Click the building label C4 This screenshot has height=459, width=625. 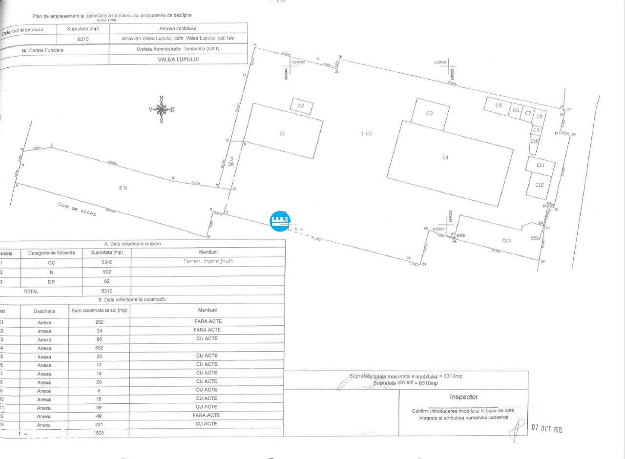pyautogui.click(x=445, y=157)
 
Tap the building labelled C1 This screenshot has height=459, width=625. pyautogui.click(x=282, y=133)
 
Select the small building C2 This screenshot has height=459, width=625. pyautogui.click(x=301, y=106)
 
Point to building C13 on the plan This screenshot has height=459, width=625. pyautogui.click(x=506, y=240)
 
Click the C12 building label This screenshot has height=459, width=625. pyautogui.click(x=539, y=185)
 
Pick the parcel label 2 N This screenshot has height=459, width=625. pyautogui.click(x=123, y=188)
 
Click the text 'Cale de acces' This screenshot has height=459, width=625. pyautogui.click(x=77, y=210)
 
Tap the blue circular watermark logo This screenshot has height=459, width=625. pyautogui.click(x=280, y=221)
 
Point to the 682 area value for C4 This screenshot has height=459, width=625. pyautogui.click(x=100, y=348)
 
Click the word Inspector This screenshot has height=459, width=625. pyautogui.click(x=463, y=397)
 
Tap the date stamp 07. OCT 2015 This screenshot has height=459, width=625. pyautogui.click(x=547, y=429)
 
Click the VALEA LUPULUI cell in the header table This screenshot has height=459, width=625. pyautogui.click(x=178, y=59)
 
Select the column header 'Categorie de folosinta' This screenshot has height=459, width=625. pyautogui.click(x=52, y=252)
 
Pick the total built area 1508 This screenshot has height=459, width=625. pyautogui.click(x=99, y=433)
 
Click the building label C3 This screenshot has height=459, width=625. pyautogui.click(x=429, y=113)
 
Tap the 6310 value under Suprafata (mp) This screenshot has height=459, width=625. pyautogui.click(x=83, y=39)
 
